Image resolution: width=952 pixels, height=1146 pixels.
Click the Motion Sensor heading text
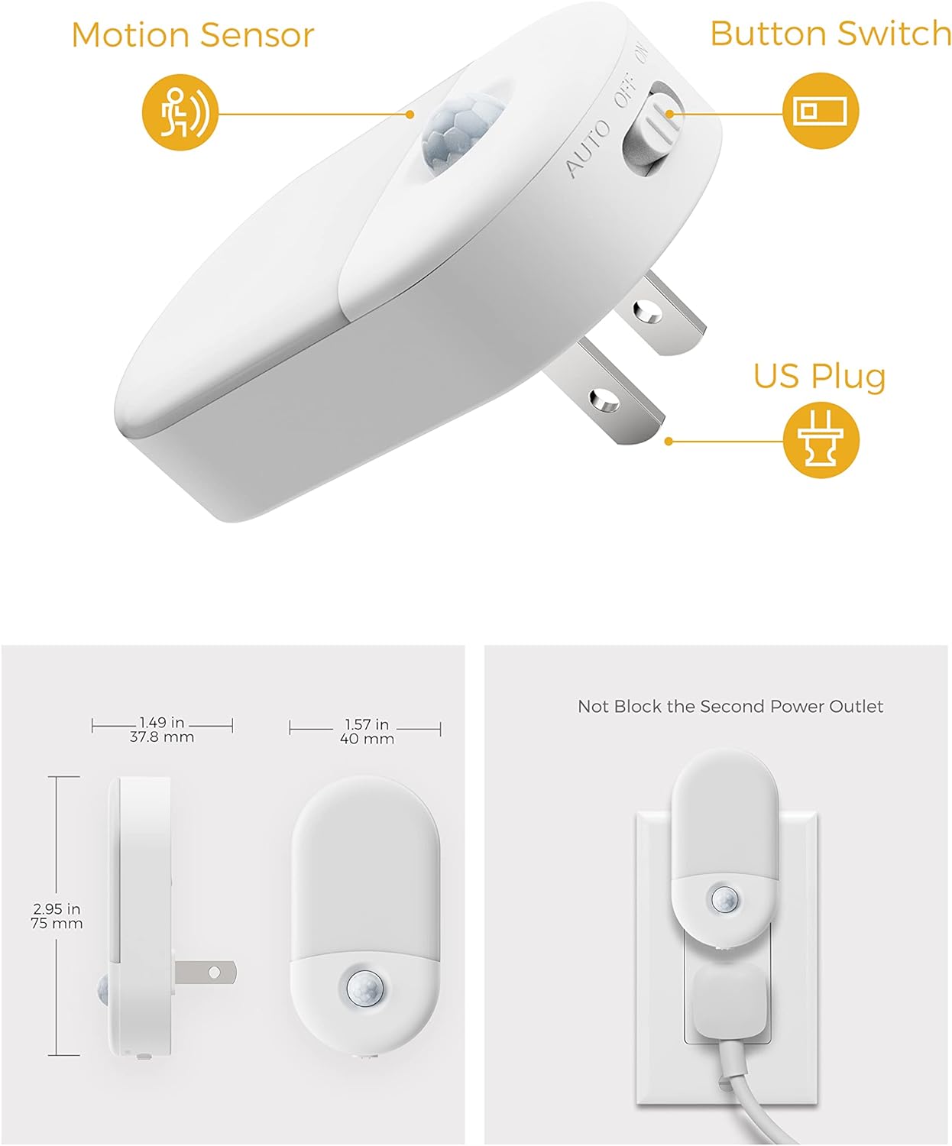coord(193,35)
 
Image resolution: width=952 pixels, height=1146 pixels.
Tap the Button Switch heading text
coord(830,34)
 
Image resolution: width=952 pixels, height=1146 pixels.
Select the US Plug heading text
coord(819,376)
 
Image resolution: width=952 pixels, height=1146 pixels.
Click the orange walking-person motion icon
coord(180,112)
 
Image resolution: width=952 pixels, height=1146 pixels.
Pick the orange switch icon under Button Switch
coord(821,111)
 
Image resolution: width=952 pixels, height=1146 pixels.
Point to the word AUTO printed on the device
coord(588,149)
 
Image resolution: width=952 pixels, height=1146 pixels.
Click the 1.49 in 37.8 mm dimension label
coord(162,730)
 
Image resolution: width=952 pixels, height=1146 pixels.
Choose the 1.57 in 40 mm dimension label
coord(367,731)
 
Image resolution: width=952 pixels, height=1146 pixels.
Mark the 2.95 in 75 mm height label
coord(57,916)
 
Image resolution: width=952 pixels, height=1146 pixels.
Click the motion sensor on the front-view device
coord(365,988)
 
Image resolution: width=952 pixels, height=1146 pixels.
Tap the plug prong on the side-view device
coord(206,973)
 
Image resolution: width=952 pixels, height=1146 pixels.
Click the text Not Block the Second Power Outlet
coord(730,707)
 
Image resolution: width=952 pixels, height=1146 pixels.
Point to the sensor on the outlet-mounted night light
coord(723,899)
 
